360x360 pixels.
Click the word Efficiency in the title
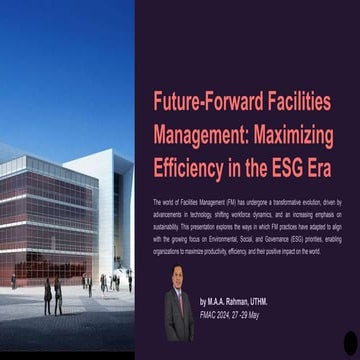(x=190, y=163)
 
